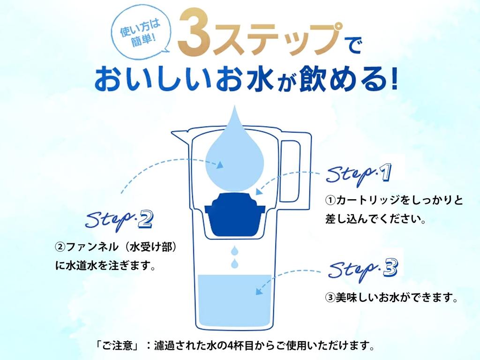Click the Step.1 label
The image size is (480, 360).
(x=359, y=174)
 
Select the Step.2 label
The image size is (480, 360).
(x=119, y=219)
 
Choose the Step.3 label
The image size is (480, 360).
(x=363, y=269)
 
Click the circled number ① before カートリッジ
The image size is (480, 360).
(x=330, y=200)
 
